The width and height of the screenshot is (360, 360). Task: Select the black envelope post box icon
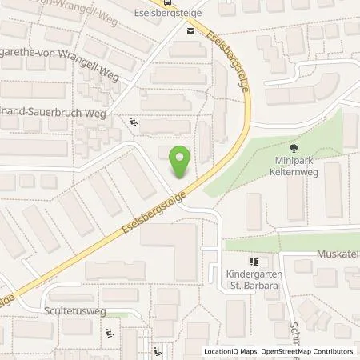tap(190, 31)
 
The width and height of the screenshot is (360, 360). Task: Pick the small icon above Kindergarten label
tap(254, 261)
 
